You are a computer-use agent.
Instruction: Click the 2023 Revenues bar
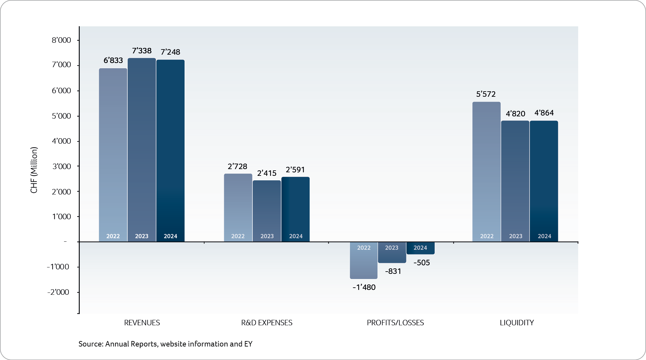[141, 149]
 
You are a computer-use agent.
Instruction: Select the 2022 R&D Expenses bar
[238, 207]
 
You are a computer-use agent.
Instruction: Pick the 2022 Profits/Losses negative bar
[364, 260]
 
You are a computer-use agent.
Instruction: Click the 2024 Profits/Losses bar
[420, 248]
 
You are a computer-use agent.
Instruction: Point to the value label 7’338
[142, 51]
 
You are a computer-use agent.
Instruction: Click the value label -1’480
[364, 287]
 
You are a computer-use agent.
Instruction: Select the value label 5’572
[486, 94]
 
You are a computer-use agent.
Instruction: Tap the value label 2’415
[267, 173]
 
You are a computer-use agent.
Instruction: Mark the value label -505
[422, 263]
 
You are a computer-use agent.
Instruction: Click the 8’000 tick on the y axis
[61, 40]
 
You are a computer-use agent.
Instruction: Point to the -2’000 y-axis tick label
[58, 292]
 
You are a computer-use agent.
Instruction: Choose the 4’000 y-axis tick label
[61, 141]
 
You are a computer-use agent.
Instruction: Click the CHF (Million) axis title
[34, 170]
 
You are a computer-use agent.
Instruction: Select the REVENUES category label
[142, 323]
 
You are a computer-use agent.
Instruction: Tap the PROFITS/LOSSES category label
[395, 323]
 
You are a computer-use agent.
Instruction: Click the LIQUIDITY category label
[517, 323]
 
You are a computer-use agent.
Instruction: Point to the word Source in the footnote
[90, 344]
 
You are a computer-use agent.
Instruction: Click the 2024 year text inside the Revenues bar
[170, 236]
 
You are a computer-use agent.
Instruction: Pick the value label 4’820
[515, 114]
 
